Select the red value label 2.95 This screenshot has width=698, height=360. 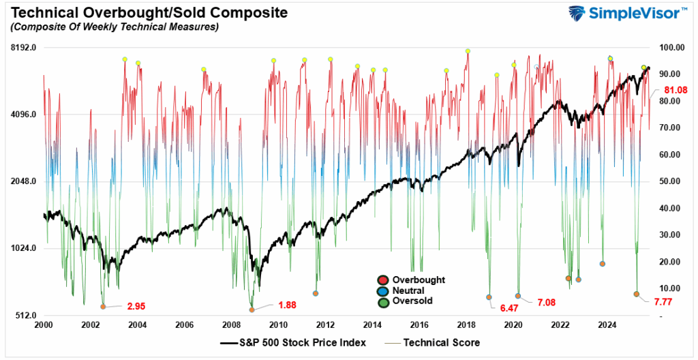[x=136, y=306]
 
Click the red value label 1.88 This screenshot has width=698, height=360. [x=286, y=305]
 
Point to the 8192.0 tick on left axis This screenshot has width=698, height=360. [x=22, y=48]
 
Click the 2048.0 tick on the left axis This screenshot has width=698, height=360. [x=22, y=181]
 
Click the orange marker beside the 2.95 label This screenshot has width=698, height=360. [x=103, y=307]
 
